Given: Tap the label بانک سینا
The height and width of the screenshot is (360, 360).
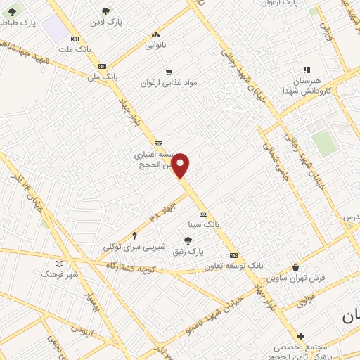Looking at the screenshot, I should (x=204, y=225).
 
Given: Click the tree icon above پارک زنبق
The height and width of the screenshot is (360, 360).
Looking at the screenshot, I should (x=188, y=240).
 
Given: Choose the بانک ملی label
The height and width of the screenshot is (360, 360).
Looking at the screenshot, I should (x=103, y=75).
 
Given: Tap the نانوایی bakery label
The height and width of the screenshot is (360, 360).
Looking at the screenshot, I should (x=155, y=46).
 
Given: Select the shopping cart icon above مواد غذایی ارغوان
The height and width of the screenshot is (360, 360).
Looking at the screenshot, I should (x=168, y=72).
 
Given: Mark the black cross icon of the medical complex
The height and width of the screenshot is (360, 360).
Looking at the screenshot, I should (x=301, y=336).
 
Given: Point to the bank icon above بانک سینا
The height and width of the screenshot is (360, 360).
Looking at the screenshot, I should (x=204, y=214).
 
